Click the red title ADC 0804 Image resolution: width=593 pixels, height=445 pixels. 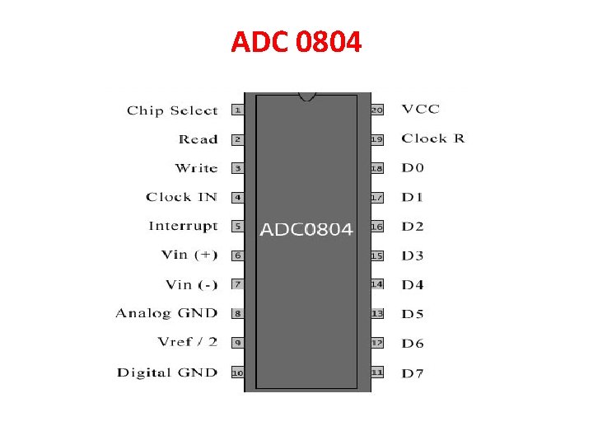296,42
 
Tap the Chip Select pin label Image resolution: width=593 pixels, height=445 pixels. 172,110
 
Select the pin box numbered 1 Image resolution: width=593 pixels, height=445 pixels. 237,110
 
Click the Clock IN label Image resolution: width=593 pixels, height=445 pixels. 181,197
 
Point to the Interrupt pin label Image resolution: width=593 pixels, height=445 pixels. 183,226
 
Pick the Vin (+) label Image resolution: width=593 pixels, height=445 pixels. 189,255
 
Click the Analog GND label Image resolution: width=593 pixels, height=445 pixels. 166,313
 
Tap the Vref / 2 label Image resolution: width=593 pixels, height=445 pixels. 187,342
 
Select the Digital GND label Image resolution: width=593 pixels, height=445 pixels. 167,372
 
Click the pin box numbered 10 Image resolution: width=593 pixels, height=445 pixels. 237,372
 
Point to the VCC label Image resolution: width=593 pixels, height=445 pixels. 420,109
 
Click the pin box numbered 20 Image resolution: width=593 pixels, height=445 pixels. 377,110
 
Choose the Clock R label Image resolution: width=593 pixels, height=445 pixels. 432,138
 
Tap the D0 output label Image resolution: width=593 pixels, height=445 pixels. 413,168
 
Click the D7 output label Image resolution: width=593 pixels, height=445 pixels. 413,373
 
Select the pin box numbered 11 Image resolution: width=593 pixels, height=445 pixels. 377,372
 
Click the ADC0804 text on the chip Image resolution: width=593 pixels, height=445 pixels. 306,229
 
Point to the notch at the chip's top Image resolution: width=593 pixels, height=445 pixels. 307,97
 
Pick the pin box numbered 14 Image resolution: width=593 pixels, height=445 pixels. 377,284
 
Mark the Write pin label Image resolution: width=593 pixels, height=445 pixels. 196,168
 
